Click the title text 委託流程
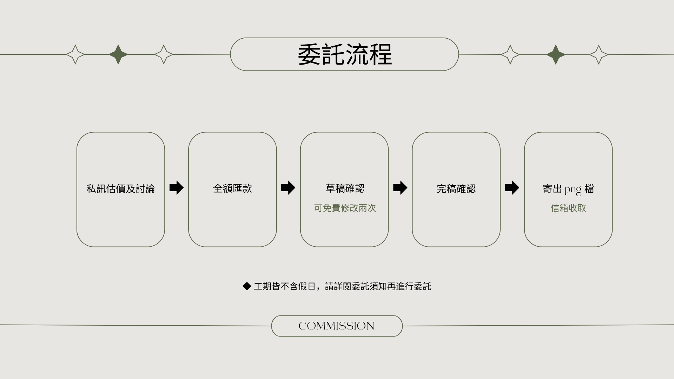pos(344,54)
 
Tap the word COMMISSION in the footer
pos(336,326)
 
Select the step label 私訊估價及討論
pos(120,189)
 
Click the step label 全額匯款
pos(232,188)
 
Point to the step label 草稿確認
pos(345,188)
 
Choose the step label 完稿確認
pos(456,189)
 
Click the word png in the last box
pos(573,190)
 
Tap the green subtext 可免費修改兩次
pos(345,208)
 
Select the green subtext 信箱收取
pos(568,208)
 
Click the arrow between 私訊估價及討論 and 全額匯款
pos(176,188)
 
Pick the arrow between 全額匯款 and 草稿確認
pos(288,188)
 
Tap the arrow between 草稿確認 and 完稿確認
pos(400,188)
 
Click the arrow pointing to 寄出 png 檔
pos(512,188)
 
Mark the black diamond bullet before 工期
pos(247,286)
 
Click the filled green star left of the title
pos(118,54)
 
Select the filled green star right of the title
pos(555,54)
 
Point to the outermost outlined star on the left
pos(75,54)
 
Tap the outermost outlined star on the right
pos(599,54)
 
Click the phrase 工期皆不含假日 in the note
pos(284,286)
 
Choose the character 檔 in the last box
pos(589,189)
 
